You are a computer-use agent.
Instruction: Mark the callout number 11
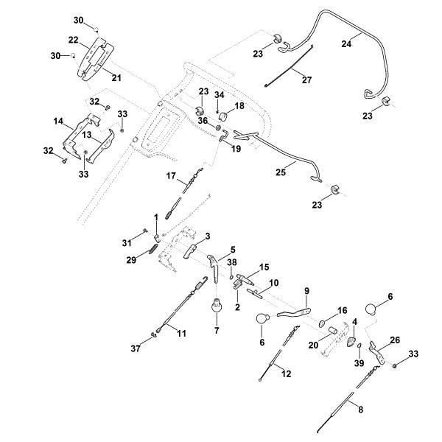(x=182, y=333)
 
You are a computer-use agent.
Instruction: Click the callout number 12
(x=287, y=374)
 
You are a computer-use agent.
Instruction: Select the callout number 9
(x=306, y=290)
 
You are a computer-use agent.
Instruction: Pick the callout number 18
(x=239, y=106)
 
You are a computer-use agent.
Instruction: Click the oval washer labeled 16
(x=323, y=323)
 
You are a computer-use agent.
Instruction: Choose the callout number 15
(x=264, y=267)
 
